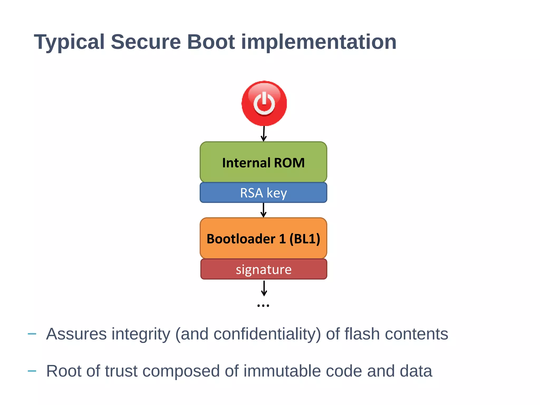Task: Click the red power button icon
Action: point(264,103)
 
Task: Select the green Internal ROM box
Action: point(263,162)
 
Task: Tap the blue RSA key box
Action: point(263,193)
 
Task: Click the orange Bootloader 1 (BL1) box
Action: point(263,238)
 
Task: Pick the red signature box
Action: point(263,269)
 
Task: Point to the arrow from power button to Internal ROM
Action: point(264,134)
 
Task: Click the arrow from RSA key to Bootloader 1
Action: point(263,210)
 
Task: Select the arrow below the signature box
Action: point(264,288)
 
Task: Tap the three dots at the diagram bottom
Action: point(263,306)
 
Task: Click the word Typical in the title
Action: point(69,42)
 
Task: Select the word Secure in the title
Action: point(146,42)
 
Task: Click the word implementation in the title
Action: point(319,42)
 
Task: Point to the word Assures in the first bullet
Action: point(76,334)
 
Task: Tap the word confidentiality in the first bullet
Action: point(267,334)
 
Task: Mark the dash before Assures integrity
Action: point(32,334)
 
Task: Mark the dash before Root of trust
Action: point(32,371)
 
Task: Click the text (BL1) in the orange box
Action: point(305,239)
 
